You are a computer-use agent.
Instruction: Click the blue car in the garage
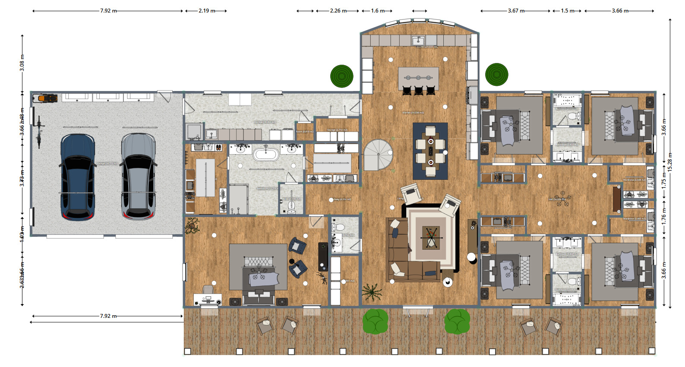(x=78, y=177)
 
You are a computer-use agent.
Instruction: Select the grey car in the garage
(x=138, y=177)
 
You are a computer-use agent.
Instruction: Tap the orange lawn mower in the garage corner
(x=47, y=98)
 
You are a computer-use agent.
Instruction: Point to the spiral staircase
(x=378, y=154)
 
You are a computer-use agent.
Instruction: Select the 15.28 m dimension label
(x=670, y=162)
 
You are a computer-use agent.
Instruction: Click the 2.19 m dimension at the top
(x=206, y=11)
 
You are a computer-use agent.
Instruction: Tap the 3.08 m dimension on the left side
(x=22, y=63)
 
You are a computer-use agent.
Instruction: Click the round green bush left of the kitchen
(x=342, y=76)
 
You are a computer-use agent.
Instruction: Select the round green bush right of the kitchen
(x=496, y=75)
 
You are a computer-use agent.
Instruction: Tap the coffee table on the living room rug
(x=431, y=237)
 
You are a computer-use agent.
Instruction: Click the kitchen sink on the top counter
(x=418, y=41)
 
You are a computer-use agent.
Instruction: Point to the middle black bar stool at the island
(x=419, y=91)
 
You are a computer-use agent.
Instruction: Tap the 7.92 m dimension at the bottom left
(x=108, y=316)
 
